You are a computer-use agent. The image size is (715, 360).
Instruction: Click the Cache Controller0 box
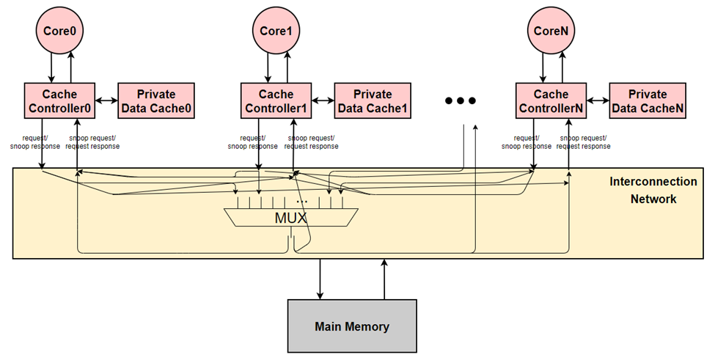[x=61, y=101]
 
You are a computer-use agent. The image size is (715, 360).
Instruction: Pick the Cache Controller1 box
[x=276, y=101]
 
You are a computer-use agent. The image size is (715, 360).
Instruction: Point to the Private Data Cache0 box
[x=155, y=101]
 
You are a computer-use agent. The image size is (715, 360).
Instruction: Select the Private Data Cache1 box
[x=373, y=101]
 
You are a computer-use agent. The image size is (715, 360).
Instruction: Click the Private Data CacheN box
[x=648, y=101]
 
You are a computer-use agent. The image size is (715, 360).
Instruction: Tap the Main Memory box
[x=352, y=326]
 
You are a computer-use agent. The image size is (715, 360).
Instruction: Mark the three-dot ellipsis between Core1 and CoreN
[x=461, y=101]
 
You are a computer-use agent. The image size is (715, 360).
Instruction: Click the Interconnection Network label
[x=653, y=190]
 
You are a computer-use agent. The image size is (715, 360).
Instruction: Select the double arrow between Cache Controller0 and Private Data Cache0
[x=108, y=101]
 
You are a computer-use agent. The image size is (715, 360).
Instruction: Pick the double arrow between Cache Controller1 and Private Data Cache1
[x=323, y=101]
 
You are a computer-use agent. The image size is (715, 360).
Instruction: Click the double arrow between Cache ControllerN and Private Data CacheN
[x=598, y=101]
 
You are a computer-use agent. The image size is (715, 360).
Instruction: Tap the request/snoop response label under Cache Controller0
[x=34, y=142]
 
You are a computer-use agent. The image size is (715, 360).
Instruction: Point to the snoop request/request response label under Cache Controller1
[x=312, y=142]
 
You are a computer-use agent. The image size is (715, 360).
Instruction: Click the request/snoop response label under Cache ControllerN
[x=526, y=142]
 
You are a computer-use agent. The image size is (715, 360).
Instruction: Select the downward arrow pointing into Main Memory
[x=320, y=279]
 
